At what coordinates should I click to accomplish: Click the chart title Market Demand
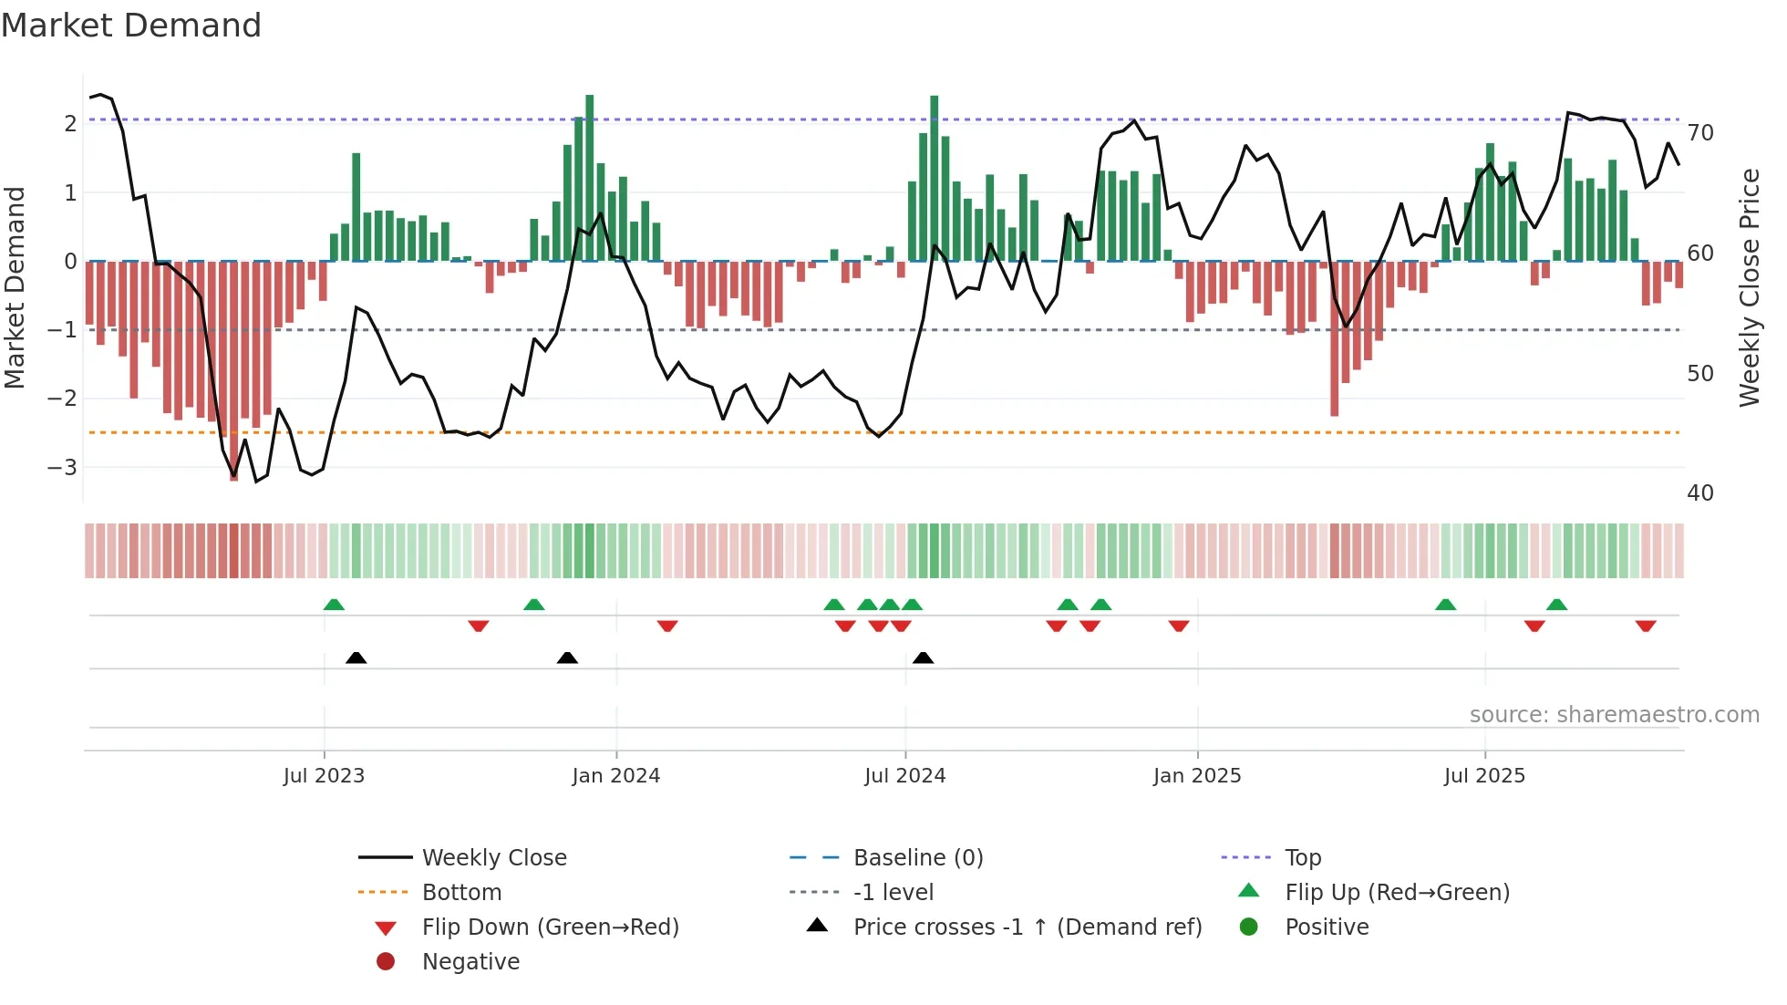pyautogui.click(x=131, y=26)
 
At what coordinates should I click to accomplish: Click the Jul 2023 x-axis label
pyautogui.click(x=324, y=776)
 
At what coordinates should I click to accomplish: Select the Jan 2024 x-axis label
pyautogui.click(x=615, y=776)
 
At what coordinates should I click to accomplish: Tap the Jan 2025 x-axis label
pyautogui.click(x=1196, y=776)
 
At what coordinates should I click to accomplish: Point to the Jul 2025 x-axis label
pyautogui.click(x=1484, y=776)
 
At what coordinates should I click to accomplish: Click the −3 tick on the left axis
pyautogui.click(x=62, y=468)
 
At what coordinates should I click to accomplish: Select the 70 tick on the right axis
pyautogui.click(x=1700, y=133)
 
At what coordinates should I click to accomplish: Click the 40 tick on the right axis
pyautogui.click(x=1700, y=493)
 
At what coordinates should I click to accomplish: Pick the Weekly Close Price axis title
pyautogui.click(x=1749, y=287)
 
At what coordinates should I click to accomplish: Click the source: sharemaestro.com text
pyautogui.click(x=1614, y=715)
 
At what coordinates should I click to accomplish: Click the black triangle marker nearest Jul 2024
pyautogui.click(x=923, y=658)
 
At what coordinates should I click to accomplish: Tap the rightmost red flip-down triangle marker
pyautogui.click(x=1646, y=626)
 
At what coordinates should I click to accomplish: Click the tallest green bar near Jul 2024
pyautogui.click(x=934, y=178)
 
